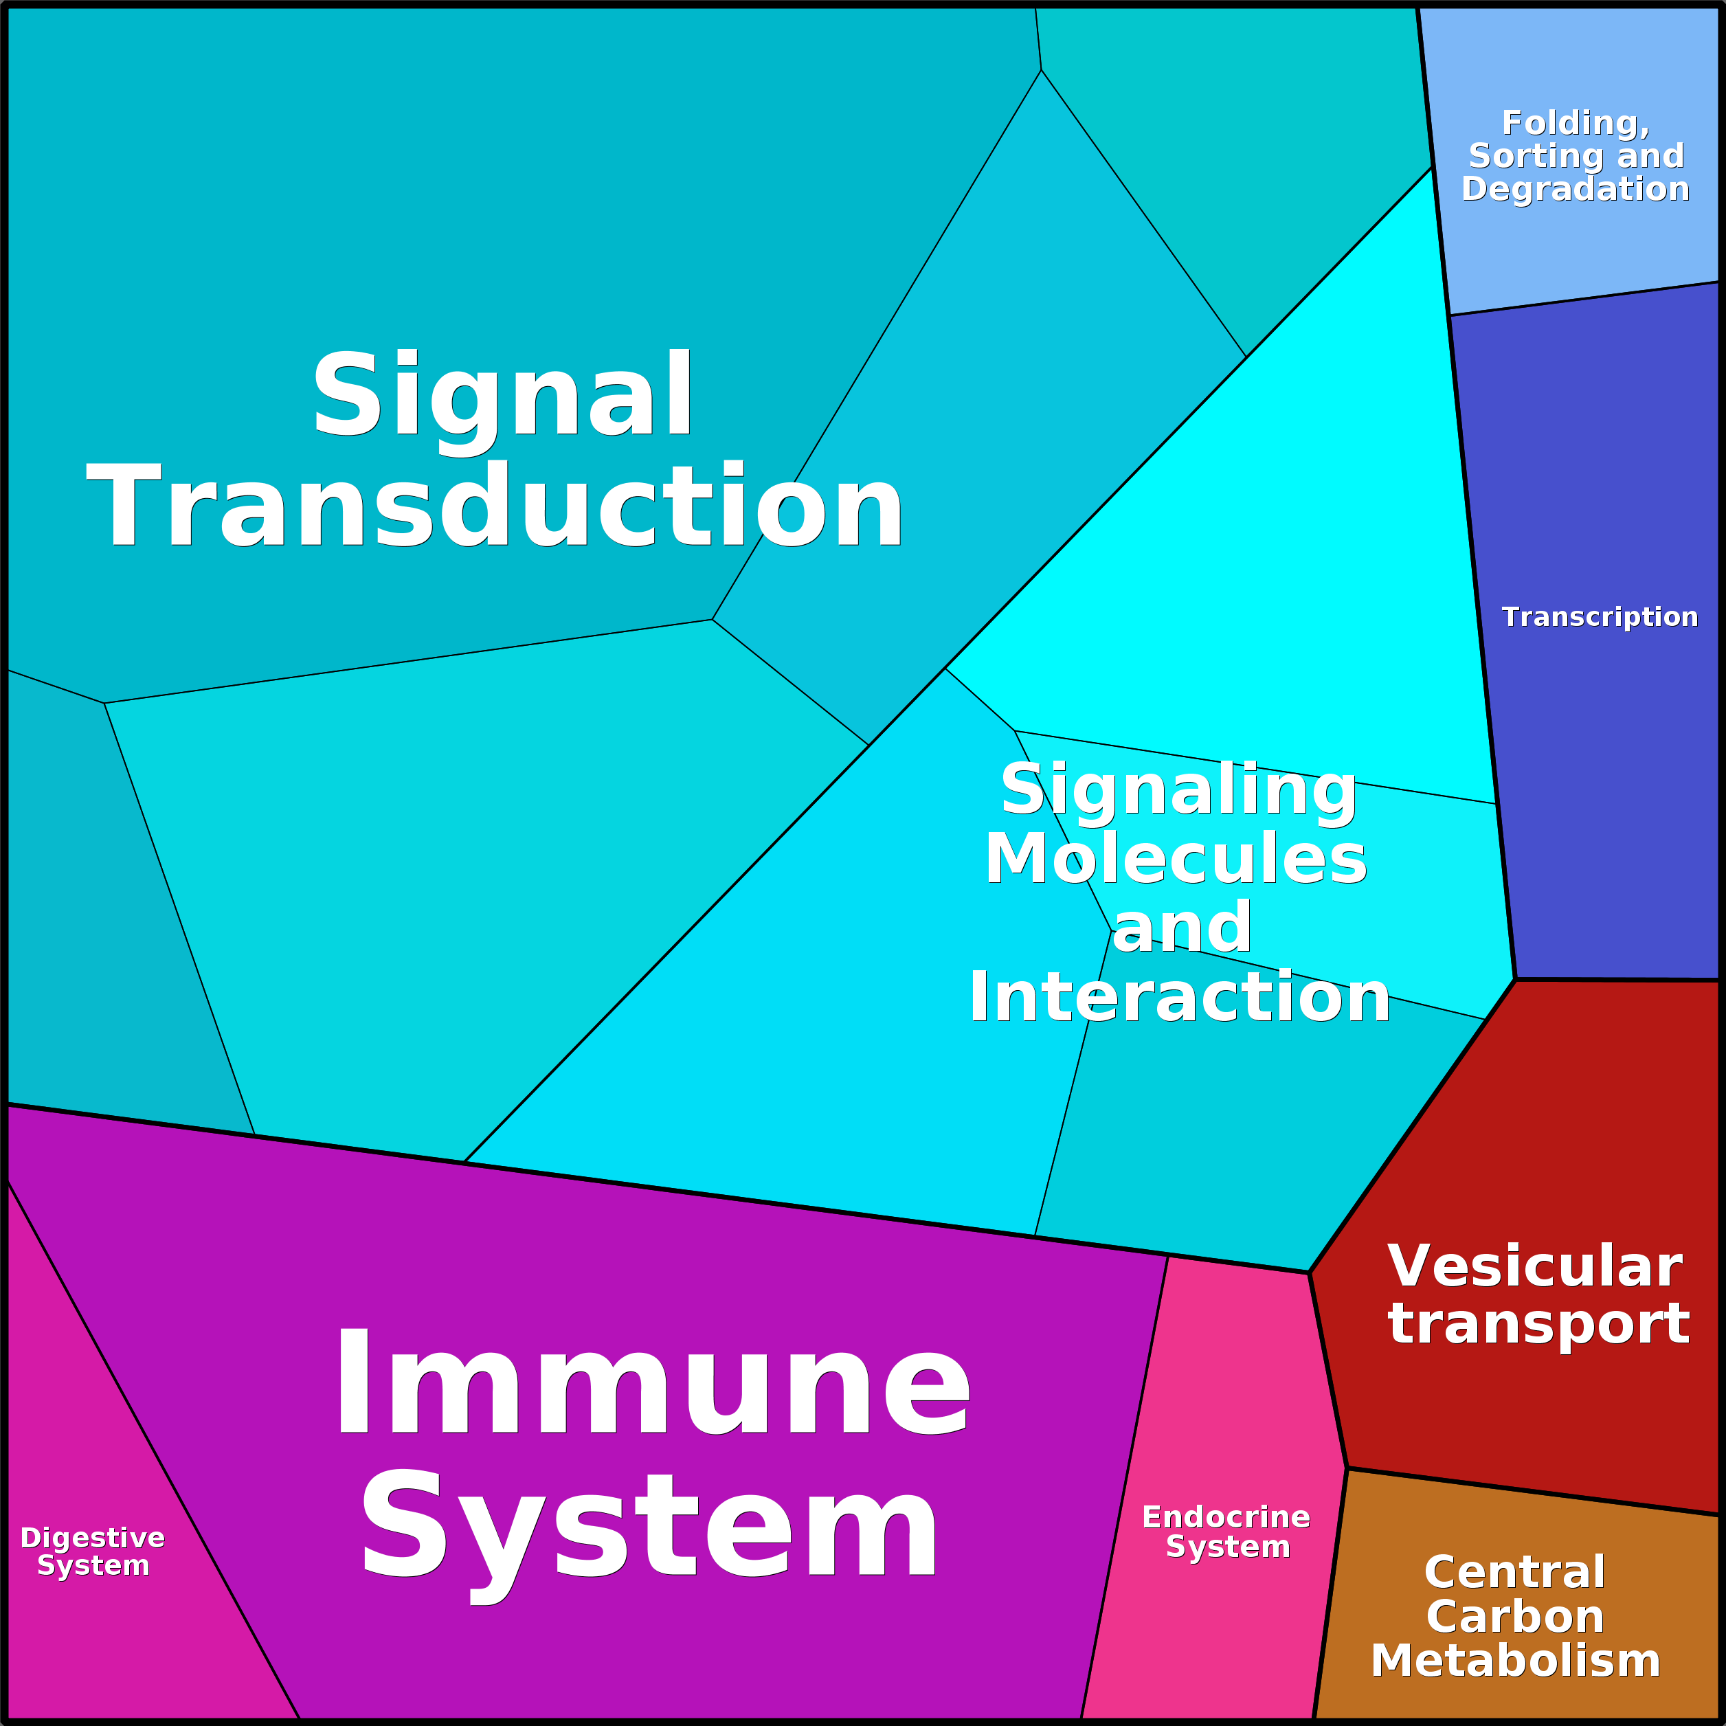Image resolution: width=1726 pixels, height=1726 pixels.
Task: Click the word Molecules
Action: [1176, 858]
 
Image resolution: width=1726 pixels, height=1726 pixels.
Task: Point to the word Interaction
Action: [1179, 996]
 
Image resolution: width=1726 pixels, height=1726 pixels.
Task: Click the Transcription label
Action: [1599, 616]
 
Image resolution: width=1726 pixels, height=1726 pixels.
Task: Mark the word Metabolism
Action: [1515, 1660]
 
